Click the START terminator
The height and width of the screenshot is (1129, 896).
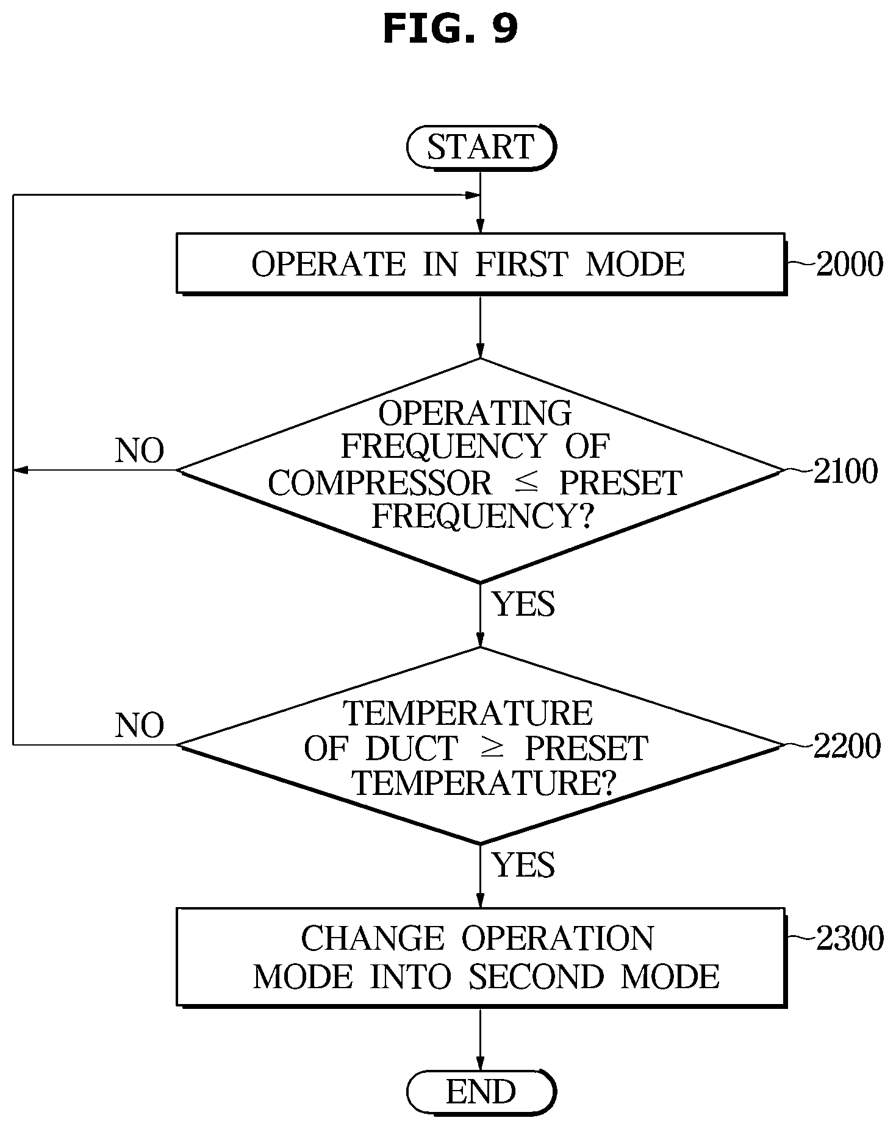[481, 147]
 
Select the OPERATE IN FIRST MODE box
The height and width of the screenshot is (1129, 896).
[481, 264]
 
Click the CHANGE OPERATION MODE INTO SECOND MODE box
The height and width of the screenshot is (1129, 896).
[481, 957]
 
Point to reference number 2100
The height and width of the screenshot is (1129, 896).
[846, 471]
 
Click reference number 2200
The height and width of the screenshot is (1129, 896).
[847, 746]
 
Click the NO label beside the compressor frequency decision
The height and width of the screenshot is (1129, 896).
[140, 451]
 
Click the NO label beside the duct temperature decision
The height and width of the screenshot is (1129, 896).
[140, 725]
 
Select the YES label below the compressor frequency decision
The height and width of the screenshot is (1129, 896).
[524, 604]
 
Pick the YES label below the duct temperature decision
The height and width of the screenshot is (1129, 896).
[524, 865]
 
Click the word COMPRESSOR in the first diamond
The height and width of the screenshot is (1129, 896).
[380, 483]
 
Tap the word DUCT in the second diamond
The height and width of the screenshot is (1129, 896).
[411, 748]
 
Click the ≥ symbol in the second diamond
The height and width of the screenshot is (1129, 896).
[492, 748]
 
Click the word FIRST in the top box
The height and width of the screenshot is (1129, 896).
[521, 265]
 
